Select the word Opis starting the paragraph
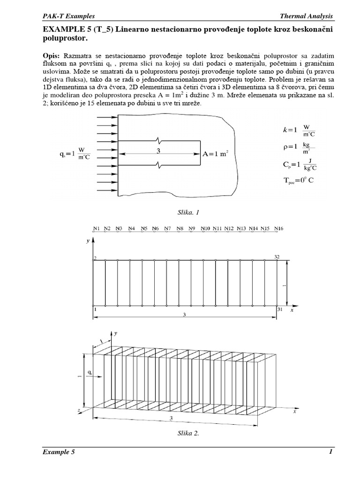click(52, 55)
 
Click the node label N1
click(96, 228)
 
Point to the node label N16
click(278, 228)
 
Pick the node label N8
click(180, 228)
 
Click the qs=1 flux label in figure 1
click(76, 154)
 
